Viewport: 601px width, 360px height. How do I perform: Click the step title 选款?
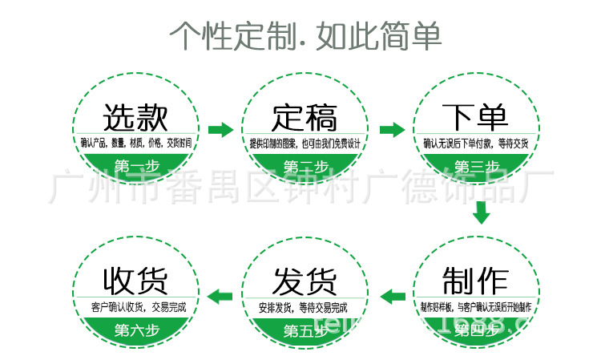tap(135, 119)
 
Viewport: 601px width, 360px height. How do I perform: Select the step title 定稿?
tap(305, 118)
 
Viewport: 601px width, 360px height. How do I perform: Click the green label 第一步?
tap(135, 167)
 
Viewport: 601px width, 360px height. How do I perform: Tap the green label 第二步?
tap(305, 167)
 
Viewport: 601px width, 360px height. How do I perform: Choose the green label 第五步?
tap(305, 330)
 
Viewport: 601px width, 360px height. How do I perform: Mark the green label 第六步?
tap(135, 330)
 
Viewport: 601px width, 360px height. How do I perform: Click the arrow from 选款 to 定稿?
tap(220, 129)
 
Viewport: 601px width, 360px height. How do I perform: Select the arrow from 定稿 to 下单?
tap(392, 129)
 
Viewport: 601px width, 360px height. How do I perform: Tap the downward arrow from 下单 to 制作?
tap(481, 213)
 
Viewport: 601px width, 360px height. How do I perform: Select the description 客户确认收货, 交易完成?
tap(135, 306)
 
